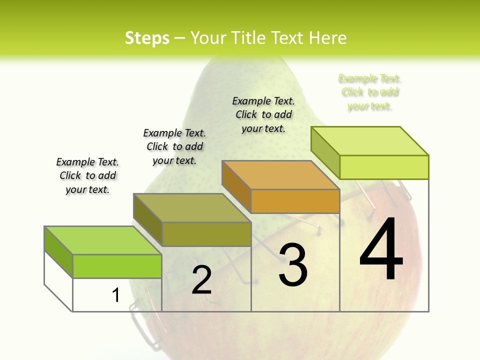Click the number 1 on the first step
(x=116, y=295)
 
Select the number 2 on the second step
(x=201, y=280)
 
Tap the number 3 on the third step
(x=293, y=265)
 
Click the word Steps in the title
(x=147, y=38)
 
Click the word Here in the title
(x=328, y=38)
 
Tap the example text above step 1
(x=87, y=175)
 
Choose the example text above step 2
(x=174, y=146)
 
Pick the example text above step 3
(x=263, y=114)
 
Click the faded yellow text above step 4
(x=370, y=92)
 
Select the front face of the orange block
(x=295, y=201)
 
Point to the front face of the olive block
(x=206, y=234)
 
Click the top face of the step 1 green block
(x=102, y=240)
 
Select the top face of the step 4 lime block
(x=369, y=140)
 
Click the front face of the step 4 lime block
(x=384, y=167)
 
